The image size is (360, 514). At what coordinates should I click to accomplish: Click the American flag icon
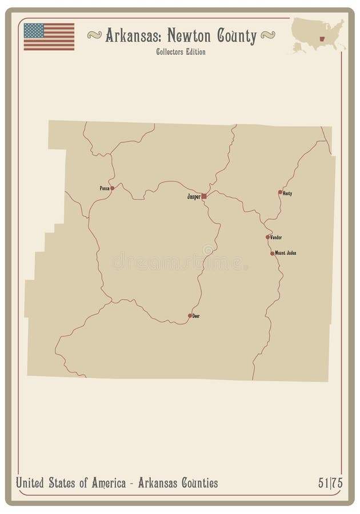(x=49, y=37)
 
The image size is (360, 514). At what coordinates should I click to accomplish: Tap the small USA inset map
(x=318, y=35)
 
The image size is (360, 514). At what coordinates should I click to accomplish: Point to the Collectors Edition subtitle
(x=180, y=53)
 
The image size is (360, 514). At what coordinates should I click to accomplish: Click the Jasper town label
(x=194, y=196)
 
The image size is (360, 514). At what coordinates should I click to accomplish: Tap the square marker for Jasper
(x=204, y=196)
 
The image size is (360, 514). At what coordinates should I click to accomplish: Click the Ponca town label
(x=104, y=188)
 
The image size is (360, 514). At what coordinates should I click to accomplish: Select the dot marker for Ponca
(x=113, y=188)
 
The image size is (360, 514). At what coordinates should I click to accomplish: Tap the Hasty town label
(x=287, y=194)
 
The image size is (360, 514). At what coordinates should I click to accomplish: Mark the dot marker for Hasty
(x=280, y=192)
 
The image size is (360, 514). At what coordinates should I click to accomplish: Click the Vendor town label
(x=276, y=237)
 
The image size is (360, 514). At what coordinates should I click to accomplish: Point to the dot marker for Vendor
(x=267, y=237)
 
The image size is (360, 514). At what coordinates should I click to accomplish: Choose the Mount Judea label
(x=286, y=253)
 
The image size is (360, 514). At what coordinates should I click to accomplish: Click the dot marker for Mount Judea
(x=273, y=253)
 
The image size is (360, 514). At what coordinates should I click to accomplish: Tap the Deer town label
(x=196, y=316)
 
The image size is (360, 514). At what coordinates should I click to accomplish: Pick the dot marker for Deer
(x=190, y=315)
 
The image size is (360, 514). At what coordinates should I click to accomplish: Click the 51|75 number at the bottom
(x=330, y=483)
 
